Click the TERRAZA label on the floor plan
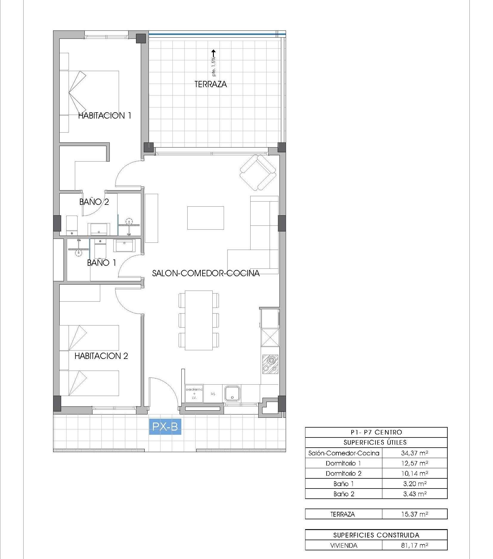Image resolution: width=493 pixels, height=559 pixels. tap(211, 84)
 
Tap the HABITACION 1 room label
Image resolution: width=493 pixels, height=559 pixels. tap(105, 116)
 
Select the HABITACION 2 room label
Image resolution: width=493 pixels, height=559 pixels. tap(101, 356)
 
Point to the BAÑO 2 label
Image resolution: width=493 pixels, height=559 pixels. tap(94, 202)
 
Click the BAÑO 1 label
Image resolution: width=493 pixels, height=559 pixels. tap(101, 263)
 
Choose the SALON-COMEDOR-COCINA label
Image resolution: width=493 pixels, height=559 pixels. tap(206, 273)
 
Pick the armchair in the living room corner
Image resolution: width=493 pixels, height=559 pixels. tap(258, 172)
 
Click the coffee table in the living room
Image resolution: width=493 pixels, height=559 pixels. tap(205, 218)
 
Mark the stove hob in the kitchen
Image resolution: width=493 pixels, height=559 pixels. tap(270, 364)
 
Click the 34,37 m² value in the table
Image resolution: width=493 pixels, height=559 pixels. tap(414, 453)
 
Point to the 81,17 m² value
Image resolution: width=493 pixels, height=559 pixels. tap(414, 546)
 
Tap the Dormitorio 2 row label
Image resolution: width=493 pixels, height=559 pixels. tap(344, 473)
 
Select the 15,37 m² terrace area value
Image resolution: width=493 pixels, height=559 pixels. tap(414, 514)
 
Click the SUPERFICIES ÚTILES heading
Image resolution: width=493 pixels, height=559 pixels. tap(375, 442)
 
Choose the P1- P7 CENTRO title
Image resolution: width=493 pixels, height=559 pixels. tap(376, 432)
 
